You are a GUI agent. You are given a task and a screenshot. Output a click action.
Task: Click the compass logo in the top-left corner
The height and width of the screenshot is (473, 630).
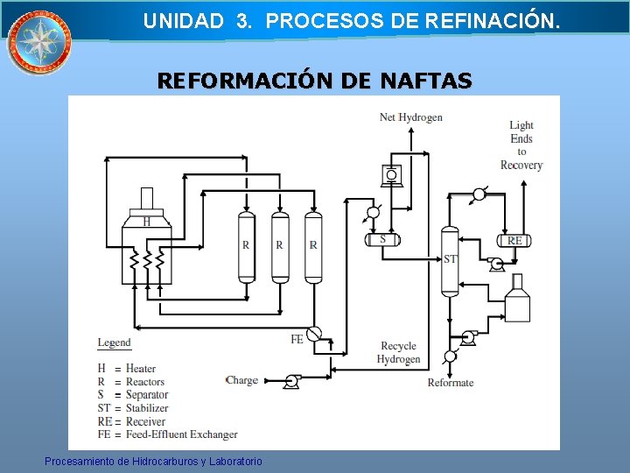(39, 41)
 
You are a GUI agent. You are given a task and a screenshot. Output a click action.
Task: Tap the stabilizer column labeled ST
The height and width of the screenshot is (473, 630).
(450, 259)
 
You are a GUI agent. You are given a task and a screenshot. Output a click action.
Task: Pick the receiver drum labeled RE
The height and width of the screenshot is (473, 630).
(514, 240)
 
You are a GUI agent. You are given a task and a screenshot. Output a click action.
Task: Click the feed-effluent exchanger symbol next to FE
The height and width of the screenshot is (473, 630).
(314, 332)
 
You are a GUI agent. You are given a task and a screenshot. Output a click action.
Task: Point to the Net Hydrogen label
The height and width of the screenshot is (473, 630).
(410, 117)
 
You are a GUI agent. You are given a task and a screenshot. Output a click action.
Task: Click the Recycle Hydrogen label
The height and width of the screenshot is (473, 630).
(398, 352)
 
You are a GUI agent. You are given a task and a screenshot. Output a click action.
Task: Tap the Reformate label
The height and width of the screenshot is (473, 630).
(451, 382)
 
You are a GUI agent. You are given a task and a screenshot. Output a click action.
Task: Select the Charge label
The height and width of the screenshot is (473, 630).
(241, 380)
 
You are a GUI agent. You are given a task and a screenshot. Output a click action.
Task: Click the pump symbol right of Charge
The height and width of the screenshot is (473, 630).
(290, 381)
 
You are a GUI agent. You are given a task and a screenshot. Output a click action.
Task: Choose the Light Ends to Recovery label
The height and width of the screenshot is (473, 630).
(521, 145)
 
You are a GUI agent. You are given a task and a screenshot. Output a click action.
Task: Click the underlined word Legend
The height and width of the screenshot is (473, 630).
(114, 342)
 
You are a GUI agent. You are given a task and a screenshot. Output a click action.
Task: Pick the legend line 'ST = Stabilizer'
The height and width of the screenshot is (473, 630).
(132, 407)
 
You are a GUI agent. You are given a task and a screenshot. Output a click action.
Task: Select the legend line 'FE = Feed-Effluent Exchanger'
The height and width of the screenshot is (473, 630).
(167, 434)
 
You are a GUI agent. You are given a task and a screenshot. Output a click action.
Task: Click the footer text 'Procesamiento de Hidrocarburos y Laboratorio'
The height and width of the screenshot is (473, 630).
(154, 461)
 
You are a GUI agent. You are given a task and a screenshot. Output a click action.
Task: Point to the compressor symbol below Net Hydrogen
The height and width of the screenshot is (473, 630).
(390, 175)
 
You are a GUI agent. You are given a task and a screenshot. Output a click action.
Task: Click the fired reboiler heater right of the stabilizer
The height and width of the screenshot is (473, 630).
(517, 299)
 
